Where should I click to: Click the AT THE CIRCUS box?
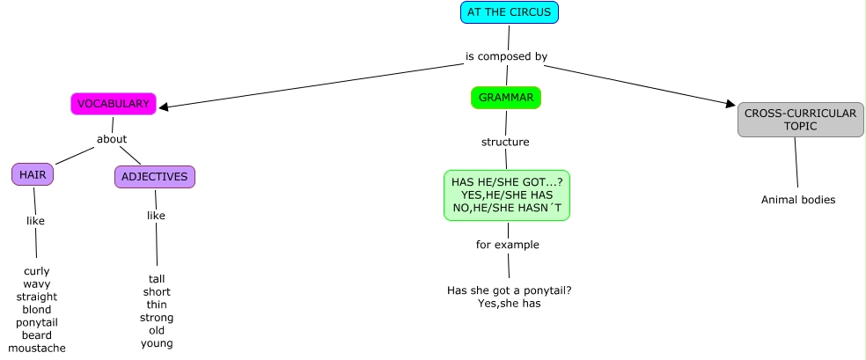coord(510,12)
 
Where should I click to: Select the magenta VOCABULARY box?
coord(114,104)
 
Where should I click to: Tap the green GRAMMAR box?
coord(506,98)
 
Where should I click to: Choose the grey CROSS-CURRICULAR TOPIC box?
coord(800,120)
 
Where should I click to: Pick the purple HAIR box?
coord(33,175)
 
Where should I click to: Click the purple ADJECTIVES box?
coord(155,177)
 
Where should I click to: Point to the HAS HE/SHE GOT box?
coord(506,195)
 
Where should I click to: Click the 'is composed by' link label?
coord(506,56)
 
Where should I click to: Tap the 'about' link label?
coord(112,139)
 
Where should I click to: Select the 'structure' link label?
coord(505,142)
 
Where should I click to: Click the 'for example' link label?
coord(508,245)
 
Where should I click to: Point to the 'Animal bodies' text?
coord(798,200)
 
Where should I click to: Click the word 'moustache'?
coord(37,349)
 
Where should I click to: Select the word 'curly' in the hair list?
coord(37,271)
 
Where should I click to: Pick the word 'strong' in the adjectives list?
coord(157,318)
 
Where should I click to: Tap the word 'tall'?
coord(157,279)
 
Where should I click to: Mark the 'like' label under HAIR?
coord(35,221)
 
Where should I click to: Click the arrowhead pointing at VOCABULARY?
coord(164,107)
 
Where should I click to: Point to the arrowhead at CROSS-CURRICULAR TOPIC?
coord(730,104)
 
